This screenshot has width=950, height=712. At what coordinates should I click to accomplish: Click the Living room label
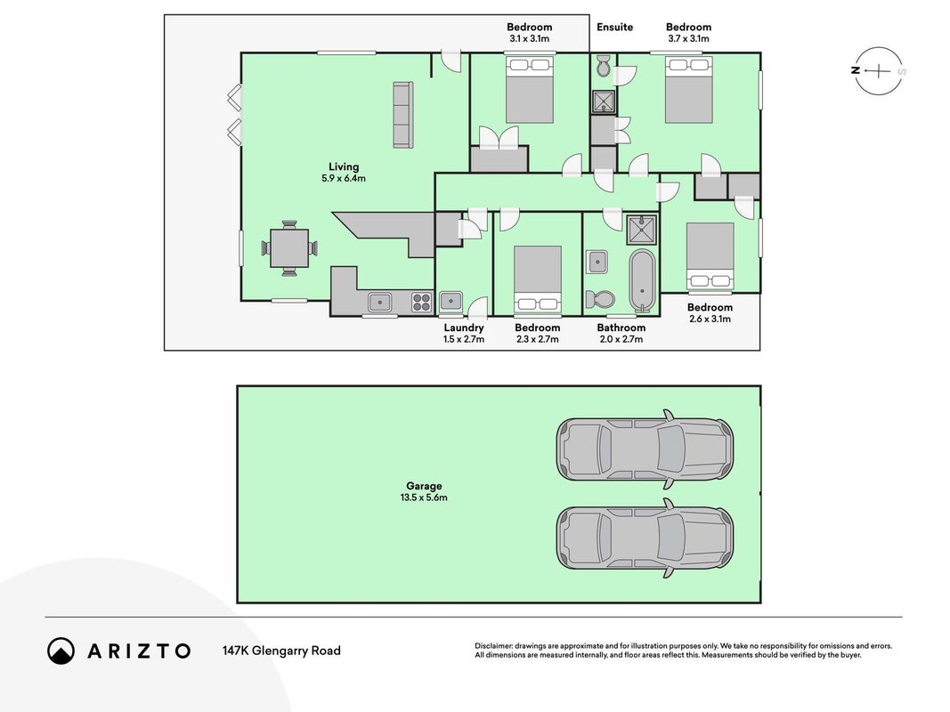point(344,167)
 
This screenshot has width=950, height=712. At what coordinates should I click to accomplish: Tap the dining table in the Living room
point(289,248)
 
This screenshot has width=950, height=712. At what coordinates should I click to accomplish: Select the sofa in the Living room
point(403,115)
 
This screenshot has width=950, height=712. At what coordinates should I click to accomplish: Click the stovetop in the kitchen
point(422,302)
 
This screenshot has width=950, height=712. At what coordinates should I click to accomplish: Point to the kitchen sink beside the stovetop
point(380,302)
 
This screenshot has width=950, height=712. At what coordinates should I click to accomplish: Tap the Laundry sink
point(451,301)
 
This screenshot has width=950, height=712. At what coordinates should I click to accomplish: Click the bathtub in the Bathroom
point(642,281)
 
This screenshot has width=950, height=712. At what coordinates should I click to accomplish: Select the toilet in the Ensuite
point(604,67)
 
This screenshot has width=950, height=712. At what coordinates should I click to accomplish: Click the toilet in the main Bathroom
point(600,299)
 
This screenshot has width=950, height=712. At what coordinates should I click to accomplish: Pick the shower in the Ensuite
point(604,101)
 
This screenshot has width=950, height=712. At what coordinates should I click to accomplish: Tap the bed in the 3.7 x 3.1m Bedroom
point(688,90)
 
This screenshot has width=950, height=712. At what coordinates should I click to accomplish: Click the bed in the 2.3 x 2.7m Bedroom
point(538,279)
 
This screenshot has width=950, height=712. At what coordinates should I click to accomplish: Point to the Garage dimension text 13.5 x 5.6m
point(424,498)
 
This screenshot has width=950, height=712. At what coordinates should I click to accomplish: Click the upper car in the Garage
point(645,449)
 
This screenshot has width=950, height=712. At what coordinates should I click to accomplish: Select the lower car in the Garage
point(645,538)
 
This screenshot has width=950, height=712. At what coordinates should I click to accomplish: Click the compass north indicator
point(856,70)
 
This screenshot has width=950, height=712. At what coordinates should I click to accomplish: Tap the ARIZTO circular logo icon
point(61,651)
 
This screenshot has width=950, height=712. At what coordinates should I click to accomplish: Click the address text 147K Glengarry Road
point(281,651)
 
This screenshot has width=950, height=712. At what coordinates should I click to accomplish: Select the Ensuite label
point(614,27)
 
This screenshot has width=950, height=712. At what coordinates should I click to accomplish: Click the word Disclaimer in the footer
point(494,646)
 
